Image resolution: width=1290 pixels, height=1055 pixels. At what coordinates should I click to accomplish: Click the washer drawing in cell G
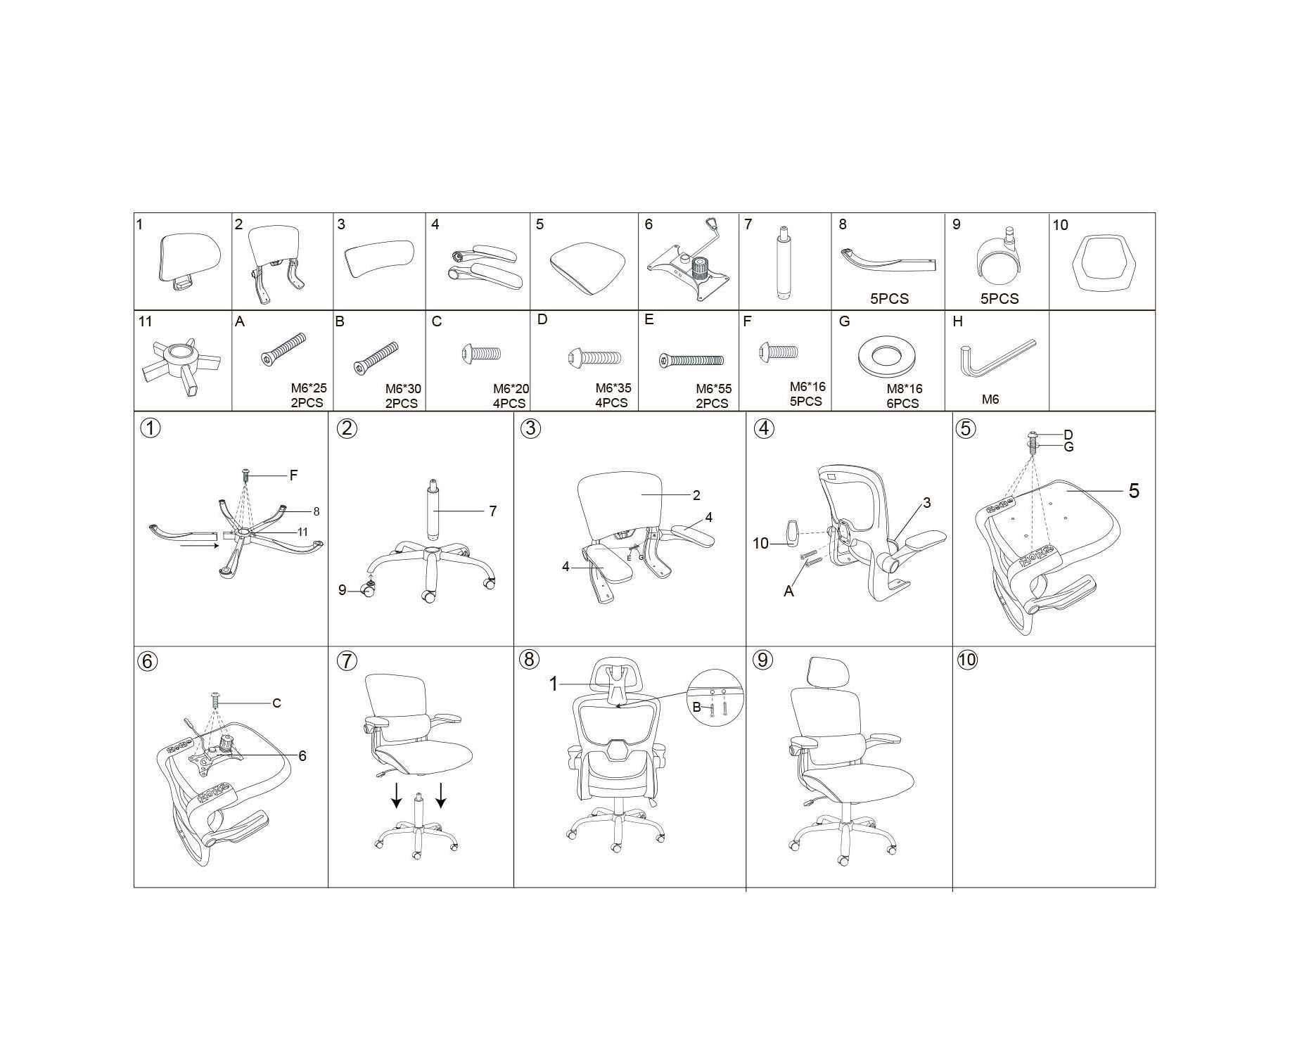pos(887,354)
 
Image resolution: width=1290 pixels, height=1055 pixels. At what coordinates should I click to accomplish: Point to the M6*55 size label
pos(713,389)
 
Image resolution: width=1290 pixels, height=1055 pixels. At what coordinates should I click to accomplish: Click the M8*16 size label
pos(904,389)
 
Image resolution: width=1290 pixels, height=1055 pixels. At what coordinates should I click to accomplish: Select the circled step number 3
pos(531,428)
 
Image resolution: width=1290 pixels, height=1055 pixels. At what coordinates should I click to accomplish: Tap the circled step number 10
pos(967,660)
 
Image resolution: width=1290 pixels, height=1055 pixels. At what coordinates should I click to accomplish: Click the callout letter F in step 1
pos(293,475)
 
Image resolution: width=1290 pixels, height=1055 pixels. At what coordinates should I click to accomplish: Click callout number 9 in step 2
pos(343,590)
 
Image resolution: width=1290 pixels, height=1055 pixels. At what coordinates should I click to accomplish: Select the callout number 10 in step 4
pos(760,543)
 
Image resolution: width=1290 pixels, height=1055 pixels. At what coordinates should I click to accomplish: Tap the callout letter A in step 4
pos(788,592)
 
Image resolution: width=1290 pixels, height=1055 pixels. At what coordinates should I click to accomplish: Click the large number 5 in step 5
pos(1134,491)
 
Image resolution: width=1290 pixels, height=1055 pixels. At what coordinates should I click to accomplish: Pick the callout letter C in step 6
pos(276,703)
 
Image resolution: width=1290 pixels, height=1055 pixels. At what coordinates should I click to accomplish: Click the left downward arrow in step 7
pos(397,794)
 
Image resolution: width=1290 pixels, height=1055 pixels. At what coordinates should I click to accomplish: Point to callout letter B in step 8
pos(696,707)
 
